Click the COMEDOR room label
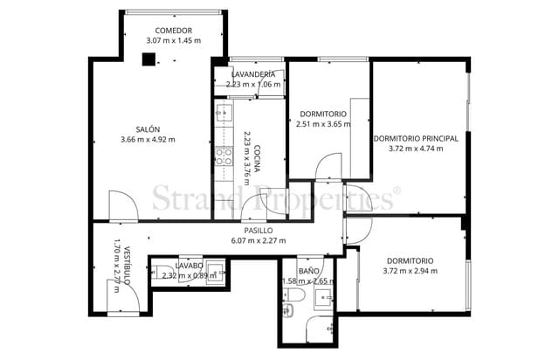[x=173, y=31]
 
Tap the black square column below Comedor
[x=149, y=59]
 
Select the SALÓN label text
[x=148, y=128]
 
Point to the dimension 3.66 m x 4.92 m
[x=148, y=139]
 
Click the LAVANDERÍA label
[x=253, y=74]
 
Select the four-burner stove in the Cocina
[x=223, y=156]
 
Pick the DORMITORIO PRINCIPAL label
[x=415, y=138]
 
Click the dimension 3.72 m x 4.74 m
[x=415, y=149]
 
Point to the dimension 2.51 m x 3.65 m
[x=323, y=124]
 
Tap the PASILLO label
[x=259, y=231]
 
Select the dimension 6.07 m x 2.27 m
[x=259, y=241]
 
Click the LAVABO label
[x=189, y=265]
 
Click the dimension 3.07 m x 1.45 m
[x=173, y=41]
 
